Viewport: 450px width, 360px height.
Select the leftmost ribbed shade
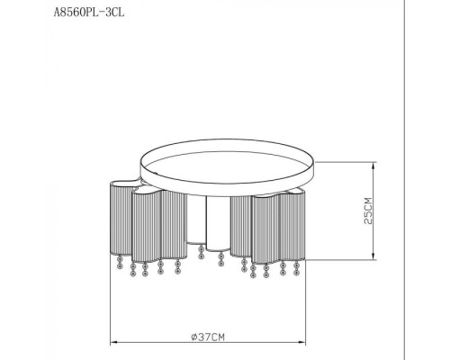(x=120, y=219)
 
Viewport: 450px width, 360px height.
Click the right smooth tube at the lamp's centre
(x=216, y=225)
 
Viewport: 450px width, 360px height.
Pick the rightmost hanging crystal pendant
(x=296, y=269)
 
